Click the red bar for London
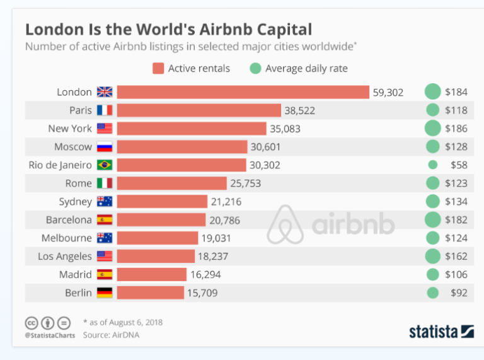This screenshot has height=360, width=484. click(x=243, y=92)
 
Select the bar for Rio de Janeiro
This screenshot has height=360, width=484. click(x=181, y=165)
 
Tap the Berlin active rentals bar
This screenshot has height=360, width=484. click(x=150, y=293)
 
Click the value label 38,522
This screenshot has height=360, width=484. click(x=299, y=110)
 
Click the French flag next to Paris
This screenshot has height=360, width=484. click(x=104, y=110)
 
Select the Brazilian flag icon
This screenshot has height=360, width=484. click(x=104, y=165)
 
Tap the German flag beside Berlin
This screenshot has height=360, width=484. click(x=104, y=293)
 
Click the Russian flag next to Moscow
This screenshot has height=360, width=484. click(x=104, y=147)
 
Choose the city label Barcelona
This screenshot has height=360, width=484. click(x=69, y=220)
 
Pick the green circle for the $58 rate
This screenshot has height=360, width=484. click(x=432, y=165)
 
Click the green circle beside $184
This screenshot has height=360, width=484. click(x=432, y=92)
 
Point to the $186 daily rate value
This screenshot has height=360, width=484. click(x=456, y=129)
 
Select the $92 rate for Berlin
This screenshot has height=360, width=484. click(x=458, y=293)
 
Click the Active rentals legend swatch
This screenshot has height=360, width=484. click(x=158, y=68)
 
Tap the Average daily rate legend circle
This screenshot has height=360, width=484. click(x=255, y=68)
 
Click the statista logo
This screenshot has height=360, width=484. click(x=441, y=330)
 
